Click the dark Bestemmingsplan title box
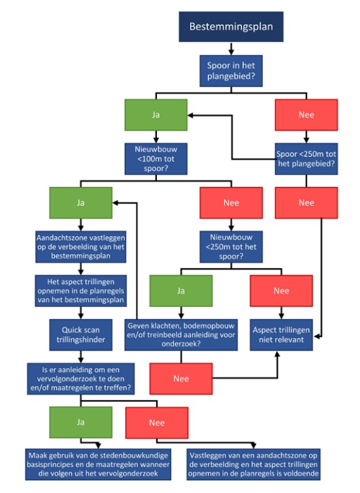click(231, 26)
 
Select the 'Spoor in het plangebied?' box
click(231, 71)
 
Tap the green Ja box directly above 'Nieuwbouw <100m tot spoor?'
click(156, 115)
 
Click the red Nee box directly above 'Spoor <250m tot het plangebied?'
click(306, 115)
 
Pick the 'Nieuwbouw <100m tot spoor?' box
click(156, 159)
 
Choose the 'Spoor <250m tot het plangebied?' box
click(306, 159)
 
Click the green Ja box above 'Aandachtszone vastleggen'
click(81, 203)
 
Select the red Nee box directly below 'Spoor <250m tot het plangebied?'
click(306, 203)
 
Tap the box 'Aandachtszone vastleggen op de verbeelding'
click(81, 246)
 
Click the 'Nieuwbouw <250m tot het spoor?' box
click(231, 246)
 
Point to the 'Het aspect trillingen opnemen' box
click(81, 291)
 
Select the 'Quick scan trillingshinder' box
click(81, 335)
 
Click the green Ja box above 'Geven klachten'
click(181, 291)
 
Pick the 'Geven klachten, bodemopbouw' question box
click(181, 335)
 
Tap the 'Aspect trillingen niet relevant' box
click(281, 335)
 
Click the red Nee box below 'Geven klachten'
click(181, 379)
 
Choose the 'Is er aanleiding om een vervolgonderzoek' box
click(81, 379)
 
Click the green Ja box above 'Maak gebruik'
click(81, 422)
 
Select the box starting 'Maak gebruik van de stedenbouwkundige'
click(98, 464)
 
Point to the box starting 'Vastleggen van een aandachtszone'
click(253, 464)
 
